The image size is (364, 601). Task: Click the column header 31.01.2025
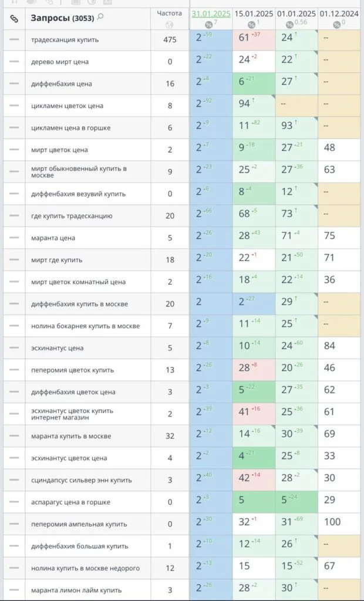click(211, 13)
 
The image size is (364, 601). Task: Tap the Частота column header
click(170, 13)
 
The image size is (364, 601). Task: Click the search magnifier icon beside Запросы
click(100, 18)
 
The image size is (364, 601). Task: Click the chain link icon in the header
click(14, 19)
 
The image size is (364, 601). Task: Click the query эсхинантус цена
click(58, 348)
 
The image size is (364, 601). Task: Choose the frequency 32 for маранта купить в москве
click(170, 436)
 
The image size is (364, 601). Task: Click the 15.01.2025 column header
click(254, 13)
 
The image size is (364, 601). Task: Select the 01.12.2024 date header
click(339, 13)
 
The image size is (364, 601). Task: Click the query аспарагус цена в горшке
click(70, 502)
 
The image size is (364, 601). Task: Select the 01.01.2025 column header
click(296, 13)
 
